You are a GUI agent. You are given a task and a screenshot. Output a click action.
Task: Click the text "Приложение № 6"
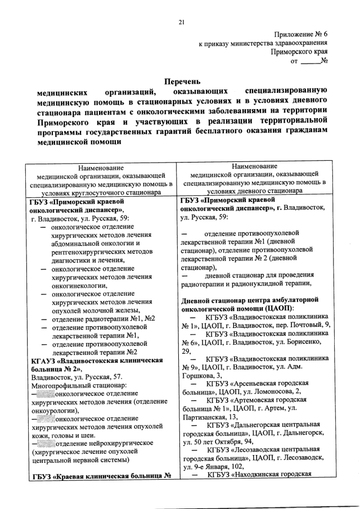point(300,34)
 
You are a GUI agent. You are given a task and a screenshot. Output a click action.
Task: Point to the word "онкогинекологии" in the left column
point(79,285)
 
